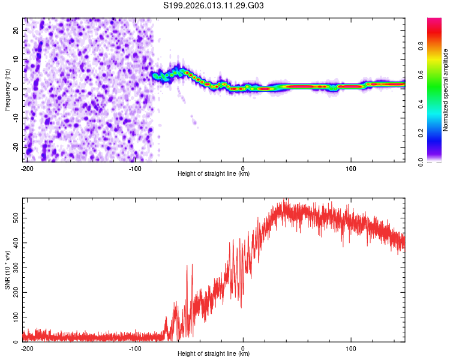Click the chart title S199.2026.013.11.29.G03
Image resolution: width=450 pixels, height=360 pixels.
[x=214, y=6]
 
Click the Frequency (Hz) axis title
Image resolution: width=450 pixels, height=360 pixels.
[x=7, y=89]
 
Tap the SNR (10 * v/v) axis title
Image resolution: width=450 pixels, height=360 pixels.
[x=7, y=269]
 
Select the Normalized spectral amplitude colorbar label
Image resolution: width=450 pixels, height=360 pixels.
[x=446, y=90]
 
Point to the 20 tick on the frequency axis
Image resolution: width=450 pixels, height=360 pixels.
[x=17, y=30]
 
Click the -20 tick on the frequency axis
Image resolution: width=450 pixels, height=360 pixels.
[x=16, y=147]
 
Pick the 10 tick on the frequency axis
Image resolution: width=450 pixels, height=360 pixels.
[x=17, y=59]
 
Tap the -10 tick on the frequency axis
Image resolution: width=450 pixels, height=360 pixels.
[x=16, y=118]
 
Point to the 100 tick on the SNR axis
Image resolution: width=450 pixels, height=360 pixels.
[x=14, y=317]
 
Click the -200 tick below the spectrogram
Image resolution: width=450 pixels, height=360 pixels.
[x=26, y=167]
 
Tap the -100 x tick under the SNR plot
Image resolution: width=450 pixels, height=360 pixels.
[x=134, y=347]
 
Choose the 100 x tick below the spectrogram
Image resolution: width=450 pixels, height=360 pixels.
[x=352, y=167]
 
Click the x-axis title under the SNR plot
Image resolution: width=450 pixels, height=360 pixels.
[x=214, y=354]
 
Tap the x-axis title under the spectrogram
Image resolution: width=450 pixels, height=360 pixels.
[x=214, y=174]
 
